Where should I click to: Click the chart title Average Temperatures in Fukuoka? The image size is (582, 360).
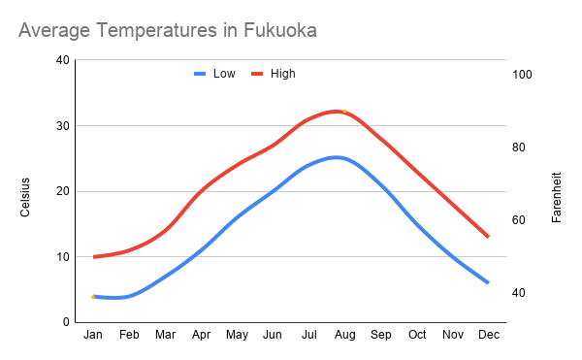click(167, 32)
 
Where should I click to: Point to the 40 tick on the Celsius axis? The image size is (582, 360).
click(63, 60)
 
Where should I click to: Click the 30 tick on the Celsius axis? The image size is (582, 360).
click(63, 126)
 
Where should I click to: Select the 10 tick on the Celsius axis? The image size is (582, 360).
click(63, 257)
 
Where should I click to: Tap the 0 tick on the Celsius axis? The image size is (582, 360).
click(66, 322)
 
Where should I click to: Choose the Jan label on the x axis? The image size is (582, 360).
click(93, 336)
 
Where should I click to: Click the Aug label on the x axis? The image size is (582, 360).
click(344, 336)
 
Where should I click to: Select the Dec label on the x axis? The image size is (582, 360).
click(488, 336)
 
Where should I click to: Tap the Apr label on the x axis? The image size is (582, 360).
click(201, 336)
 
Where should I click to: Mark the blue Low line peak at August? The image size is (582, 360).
click(337, 157)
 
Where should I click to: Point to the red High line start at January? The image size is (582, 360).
click(94, 257)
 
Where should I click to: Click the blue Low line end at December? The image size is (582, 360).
click(488, 282)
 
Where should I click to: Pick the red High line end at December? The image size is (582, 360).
click(488, 237)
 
